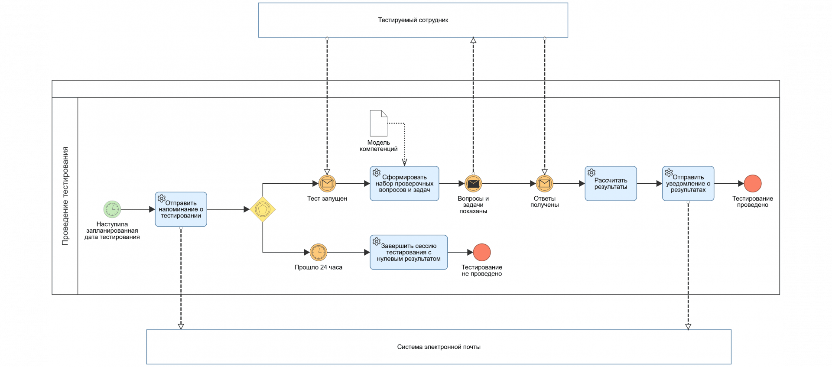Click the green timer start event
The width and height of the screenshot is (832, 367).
[x=112, y=209]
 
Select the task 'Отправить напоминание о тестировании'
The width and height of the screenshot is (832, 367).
[x=181, y=210]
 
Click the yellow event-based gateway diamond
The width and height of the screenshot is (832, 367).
[x=263, y=209]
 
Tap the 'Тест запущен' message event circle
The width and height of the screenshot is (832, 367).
[x=327, y=184]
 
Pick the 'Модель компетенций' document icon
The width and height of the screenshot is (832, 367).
[x=378, y=123]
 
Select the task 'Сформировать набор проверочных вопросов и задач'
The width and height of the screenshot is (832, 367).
[x=404, y=184]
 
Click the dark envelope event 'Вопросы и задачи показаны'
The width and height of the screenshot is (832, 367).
[x=473, y=184]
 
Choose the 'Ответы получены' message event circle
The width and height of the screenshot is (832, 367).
[x=545, y=184]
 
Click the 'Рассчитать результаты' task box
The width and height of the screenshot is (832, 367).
[x=611, y=184]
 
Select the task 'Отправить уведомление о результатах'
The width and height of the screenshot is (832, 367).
[x=688, y=184]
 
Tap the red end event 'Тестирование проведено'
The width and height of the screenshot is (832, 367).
[x=753, y=184]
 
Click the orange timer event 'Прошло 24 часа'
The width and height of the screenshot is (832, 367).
[x=318, y=252]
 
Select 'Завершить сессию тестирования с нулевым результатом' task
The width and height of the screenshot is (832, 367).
[x=409, y=253]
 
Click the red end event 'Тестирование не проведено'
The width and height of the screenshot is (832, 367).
[x=482, y=252]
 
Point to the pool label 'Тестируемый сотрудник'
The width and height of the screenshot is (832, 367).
[x=413, y=20]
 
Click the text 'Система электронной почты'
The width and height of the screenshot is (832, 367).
[x=439, y=347]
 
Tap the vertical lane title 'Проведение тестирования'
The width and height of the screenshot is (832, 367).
[x=65, y=196]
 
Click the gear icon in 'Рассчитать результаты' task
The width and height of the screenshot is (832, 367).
[x=591, y=172]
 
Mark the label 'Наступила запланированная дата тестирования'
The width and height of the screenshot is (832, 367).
[x=112, y=231]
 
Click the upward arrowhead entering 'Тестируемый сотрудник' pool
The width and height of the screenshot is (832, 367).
[x=473, y=40]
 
